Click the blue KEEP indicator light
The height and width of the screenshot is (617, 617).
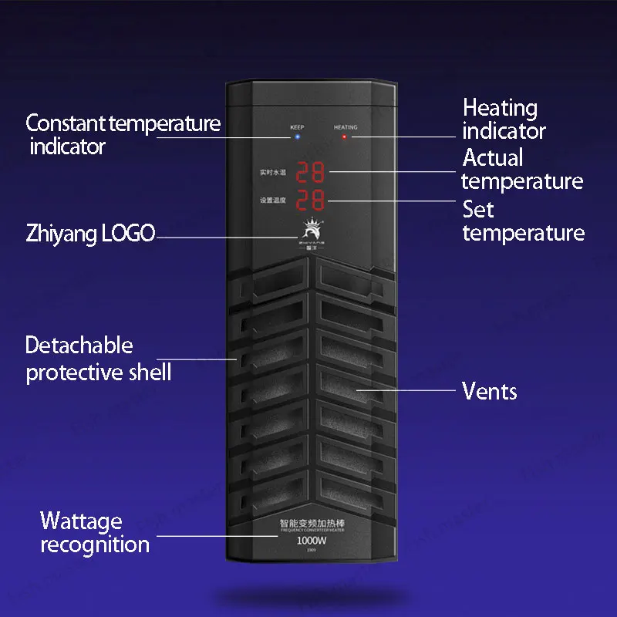[297, 137]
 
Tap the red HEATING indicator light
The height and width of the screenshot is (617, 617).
[345, 138]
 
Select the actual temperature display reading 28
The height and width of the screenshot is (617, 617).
[311, 172]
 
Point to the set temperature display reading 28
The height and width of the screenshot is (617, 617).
[311, 201]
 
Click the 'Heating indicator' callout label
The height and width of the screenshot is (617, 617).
[504, 120]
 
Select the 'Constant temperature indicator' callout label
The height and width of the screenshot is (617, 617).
[123, 134]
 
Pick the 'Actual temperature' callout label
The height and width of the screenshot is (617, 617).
[522, 170]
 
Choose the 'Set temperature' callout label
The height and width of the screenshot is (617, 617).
[523, 221]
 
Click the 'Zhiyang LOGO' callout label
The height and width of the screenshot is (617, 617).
[90, 234]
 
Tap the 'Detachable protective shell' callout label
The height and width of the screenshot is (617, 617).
[98, 359]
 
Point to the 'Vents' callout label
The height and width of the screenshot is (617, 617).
[489, 391]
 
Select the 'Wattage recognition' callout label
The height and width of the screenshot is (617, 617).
[94, 532]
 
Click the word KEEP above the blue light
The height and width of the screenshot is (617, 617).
[297, 126]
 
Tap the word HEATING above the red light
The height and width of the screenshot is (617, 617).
[346, 126]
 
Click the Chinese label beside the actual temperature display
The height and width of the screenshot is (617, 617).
[273, 173]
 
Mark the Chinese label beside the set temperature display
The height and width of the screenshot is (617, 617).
[273, 201]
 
